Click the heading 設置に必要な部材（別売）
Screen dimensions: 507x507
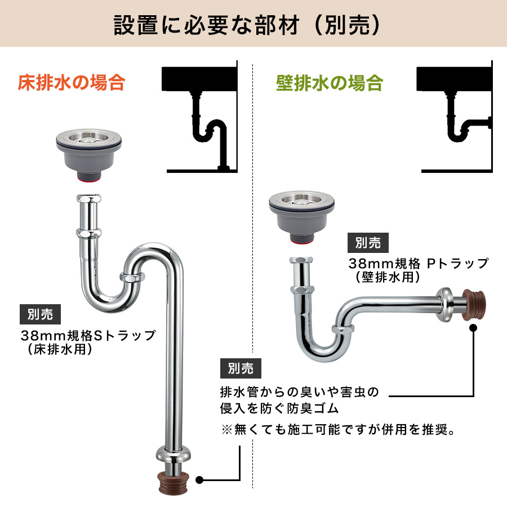247,25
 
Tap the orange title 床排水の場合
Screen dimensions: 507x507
72,82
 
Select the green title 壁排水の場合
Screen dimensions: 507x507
330,83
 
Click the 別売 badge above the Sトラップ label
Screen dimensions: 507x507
40,314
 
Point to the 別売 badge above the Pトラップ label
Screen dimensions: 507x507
368,242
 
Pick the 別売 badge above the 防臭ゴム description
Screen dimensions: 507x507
241,368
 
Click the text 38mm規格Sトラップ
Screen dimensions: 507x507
88,335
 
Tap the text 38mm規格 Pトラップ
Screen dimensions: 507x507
418,264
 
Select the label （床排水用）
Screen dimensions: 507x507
60,349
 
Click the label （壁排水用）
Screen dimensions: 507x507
388,277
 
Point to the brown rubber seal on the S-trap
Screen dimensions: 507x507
173,483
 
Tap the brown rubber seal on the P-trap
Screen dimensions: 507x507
473,305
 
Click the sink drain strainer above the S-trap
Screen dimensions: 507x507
88,154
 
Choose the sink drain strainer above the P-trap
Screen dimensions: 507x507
302,217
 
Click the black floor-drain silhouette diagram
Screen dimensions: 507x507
200,117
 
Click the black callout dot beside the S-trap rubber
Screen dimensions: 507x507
199,480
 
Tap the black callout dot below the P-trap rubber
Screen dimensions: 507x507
473,328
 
